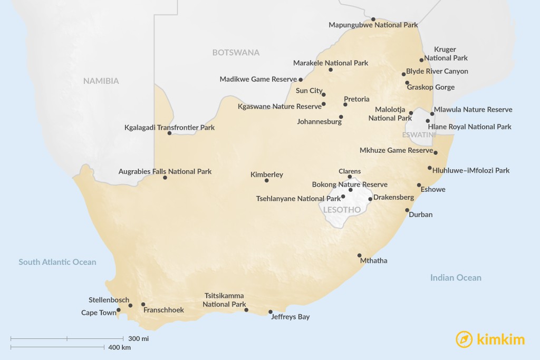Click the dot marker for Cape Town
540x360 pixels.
tap(119, 310)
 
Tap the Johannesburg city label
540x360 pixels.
tap(319, 122)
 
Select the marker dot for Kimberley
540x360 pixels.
tap(266, 181)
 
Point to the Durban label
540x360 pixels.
tap(420, 215)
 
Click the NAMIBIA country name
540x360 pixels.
tap(101, 81)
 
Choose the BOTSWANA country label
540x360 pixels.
tap(236, 53)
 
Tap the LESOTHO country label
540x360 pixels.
tap(342, 210)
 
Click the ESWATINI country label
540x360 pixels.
tap(419, 135)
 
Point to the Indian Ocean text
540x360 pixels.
tap(456, 278)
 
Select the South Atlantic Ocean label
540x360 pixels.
tap(57, 262)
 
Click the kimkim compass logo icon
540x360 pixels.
tap(464, 339)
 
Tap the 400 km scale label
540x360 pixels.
tap(119, 347)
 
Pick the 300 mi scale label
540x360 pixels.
tap(138, 338)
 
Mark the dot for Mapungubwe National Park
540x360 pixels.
tap(373, 19)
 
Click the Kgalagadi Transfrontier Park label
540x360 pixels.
tap(169, 128)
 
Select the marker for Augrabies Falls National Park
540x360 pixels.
tap(165, 178)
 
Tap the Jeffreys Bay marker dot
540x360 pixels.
tap(271, 312)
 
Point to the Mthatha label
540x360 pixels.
tap(373, 260)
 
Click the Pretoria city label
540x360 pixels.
tap(356, 99)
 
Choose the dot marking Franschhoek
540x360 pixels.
tap(143, 304)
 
